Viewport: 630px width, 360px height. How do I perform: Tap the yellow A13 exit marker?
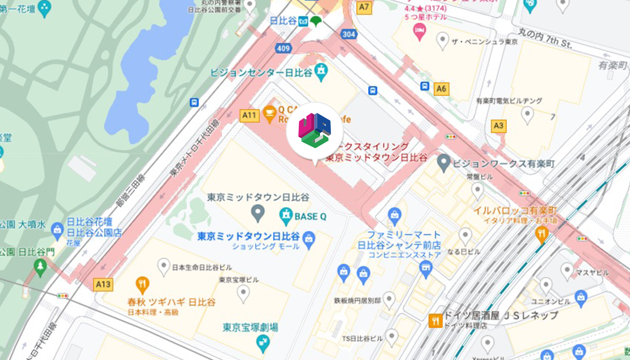(x=103, y=284)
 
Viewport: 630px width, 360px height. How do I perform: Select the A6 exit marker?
(x=441, y=89)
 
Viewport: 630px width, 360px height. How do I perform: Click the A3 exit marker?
(x=498, y=126)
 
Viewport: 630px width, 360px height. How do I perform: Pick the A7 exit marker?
(x=364, y=7)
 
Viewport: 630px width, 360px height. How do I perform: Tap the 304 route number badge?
(x=348, y=34)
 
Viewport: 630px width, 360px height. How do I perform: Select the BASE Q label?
(x=310, y=216)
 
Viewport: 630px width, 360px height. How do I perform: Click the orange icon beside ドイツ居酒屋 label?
(x=435, y=320)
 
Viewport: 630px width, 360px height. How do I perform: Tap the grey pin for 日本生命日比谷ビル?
(x=164, y=266)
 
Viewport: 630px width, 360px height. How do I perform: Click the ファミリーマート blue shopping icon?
(x=395, y=216)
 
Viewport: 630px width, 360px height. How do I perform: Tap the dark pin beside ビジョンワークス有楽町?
(x=444, y=162)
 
